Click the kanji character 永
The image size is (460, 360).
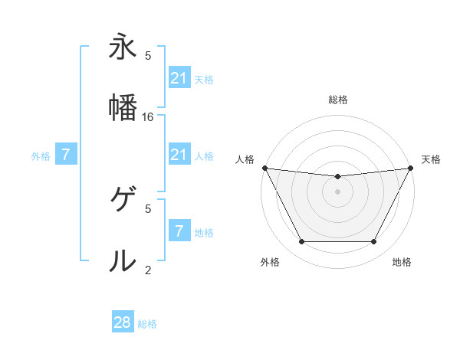pyautogui.click(x=122, y=47)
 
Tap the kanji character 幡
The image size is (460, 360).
pyautogui.click(x=122, y=106)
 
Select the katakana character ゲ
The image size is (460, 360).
pyautogui.click(x=122, y=201)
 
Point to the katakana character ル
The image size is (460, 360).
pyautogui.click(x=122, y=260)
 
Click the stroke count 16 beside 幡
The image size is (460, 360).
pyautogui.click(x=149, y=116)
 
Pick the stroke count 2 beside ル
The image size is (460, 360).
pyautogui.click(x=148, y=270)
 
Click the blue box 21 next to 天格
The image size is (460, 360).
pyautogui.click(x=179, y=78)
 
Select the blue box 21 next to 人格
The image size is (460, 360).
pyautogui.click(x=179, y=155)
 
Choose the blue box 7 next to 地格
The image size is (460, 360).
pyautogui.click(x=179, y=231)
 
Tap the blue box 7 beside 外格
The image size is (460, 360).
pyautogui.click(x=66, y=155)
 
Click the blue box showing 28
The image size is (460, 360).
pyautogui.click(x=123, y=322)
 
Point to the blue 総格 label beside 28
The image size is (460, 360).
pyautogui.click(x=147, y=324)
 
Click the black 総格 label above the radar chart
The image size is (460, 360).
pyautogui.click(x=337, y=100)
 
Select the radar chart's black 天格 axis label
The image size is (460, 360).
pyautogui.click(x=431, y=159)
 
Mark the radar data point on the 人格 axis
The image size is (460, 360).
pyautogui.click(x=264, y=168)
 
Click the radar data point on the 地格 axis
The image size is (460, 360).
pyautogui.click(x=374, y=242)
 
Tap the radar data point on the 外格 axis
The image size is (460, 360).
pyautogui.click(x=301, y=242)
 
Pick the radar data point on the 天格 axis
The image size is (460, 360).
pyautogui.click(x=410, y=168)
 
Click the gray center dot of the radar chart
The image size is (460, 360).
pyautogui.click(x=337, y=191)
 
